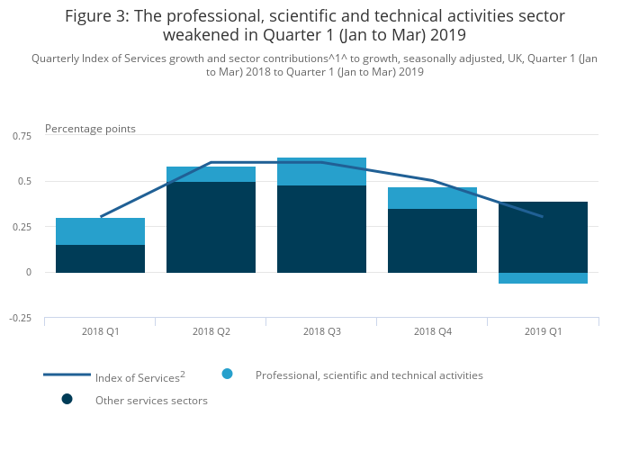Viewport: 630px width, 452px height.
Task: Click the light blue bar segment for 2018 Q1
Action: point(100,231)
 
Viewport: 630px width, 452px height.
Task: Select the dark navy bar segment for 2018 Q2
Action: point(211,227)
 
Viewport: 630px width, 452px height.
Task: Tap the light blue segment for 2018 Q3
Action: point(321,171)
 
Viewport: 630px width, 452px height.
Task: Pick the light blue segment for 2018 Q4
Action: point(432,198)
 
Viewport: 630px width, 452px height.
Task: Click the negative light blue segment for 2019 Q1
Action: point(543,278)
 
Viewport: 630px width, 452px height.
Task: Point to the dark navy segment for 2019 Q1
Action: point(543,237)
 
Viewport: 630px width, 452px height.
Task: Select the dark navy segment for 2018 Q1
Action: point(100,258)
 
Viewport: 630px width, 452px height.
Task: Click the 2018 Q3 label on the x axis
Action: point(321,331)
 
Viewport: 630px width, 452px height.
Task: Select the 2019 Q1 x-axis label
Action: point(543,331)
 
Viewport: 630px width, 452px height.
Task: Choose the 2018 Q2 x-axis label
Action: point(211,331)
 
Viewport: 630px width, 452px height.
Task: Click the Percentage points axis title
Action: point(90,129)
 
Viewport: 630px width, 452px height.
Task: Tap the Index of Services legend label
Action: point(139,376)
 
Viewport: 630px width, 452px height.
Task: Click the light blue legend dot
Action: point(228,374)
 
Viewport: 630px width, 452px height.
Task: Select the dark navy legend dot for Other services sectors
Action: point(67,399)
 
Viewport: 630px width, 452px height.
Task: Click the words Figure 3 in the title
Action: point(94,16)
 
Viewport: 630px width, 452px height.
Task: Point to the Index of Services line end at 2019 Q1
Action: point(543,217)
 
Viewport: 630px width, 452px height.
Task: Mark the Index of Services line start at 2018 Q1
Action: point(100,217)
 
